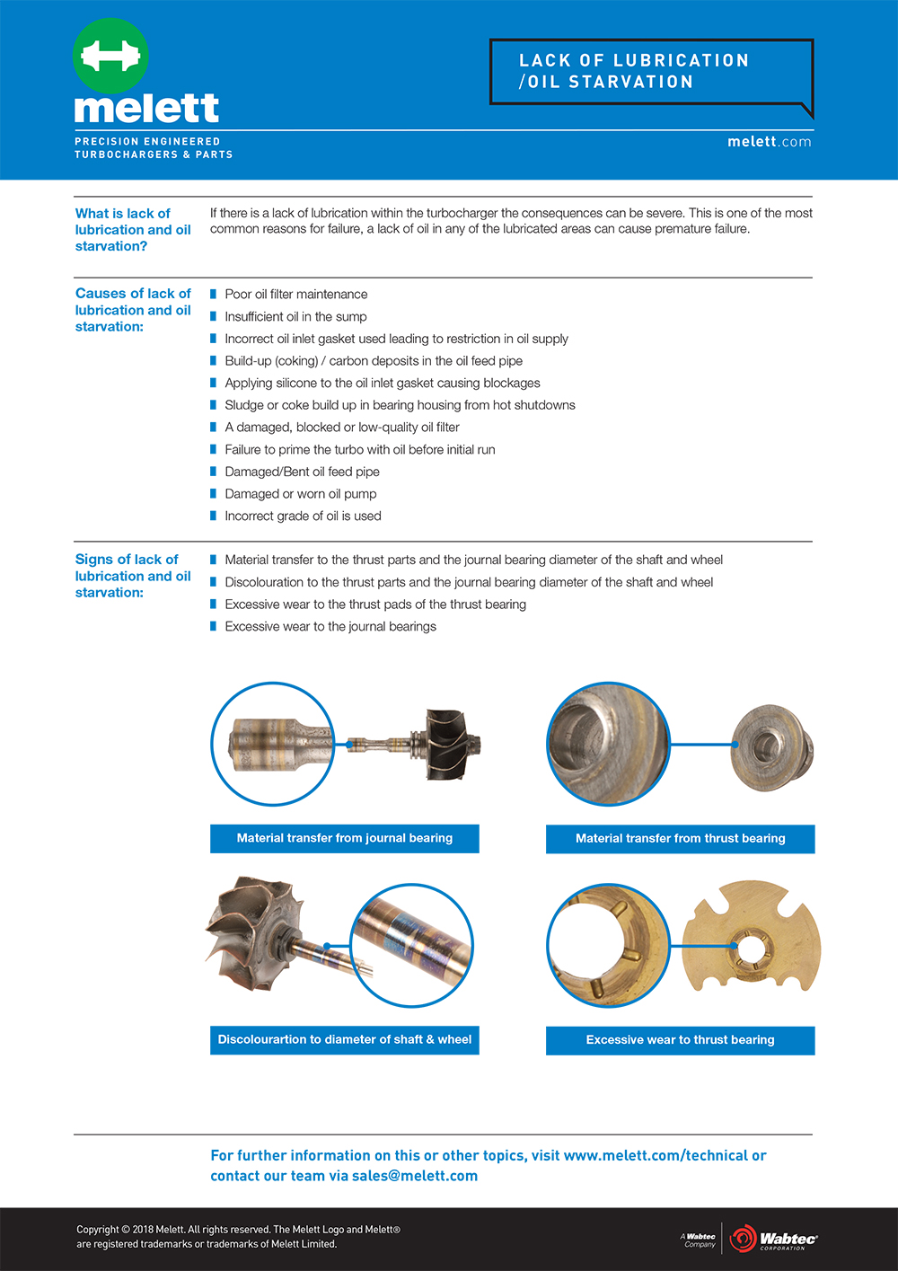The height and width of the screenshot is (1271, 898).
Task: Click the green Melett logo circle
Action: [x=110, y=56]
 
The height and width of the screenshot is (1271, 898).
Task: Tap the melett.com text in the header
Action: [x=769, y=142]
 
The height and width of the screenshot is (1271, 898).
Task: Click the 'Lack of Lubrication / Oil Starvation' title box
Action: [x=650, y=72]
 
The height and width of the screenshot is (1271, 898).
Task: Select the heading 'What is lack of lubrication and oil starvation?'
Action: [x=132, y=230]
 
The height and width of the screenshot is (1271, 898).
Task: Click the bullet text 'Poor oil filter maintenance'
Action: [x=295, y=295]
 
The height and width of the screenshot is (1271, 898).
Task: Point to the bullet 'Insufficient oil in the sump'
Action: [x=295, y=317]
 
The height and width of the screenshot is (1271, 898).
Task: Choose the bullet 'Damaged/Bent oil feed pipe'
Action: [x=302, y=472]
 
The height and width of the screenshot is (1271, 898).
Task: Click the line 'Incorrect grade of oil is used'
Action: [x=303, y=516]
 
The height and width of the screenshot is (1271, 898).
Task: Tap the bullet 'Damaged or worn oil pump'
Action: [x=300, y=494]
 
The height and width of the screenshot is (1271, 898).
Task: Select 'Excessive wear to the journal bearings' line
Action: [x=330, y=627]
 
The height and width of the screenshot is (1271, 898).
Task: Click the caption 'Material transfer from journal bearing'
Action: [x=344, y=838]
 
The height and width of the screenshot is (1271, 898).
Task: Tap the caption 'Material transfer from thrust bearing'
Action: [x=680, y=839]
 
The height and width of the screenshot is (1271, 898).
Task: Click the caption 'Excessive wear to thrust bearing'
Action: [x=680, y=1040]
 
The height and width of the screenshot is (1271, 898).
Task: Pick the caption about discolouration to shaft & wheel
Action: [x=344, y=1040]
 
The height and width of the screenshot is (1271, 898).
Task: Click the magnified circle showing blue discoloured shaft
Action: [x=412, y=945]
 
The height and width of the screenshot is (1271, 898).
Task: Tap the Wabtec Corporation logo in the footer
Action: [x=773, y=1240]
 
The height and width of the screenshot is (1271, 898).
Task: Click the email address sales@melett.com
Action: [x=415, y=1176]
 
